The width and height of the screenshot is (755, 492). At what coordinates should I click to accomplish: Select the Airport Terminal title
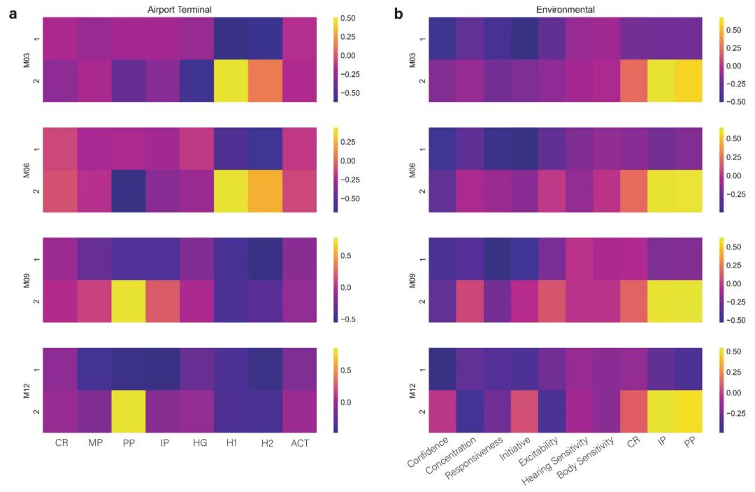(x=180, y=9)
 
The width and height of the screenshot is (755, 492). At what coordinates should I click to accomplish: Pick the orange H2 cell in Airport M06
(x=265, y=191)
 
